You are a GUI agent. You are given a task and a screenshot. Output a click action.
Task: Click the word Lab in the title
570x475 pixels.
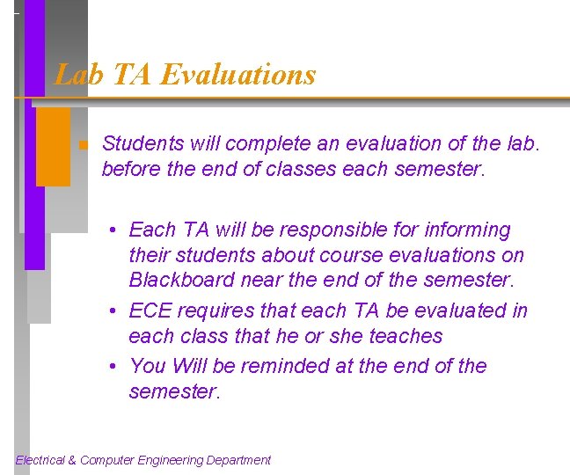pos(74,75)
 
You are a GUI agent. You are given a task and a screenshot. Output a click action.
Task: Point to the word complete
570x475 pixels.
pos(255,143)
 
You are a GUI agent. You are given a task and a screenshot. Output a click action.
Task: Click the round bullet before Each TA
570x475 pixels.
pos(114,230)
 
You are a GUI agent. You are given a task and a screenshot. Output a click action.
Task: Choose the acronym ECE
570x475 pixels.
pos(150,311)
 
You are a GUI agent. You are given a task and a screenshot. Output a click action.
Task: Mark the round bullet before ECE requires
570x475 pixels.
pos(114,311)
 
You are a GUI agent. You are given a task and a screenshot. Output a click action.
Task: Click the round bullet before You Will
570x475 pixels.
pos(114,367)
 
